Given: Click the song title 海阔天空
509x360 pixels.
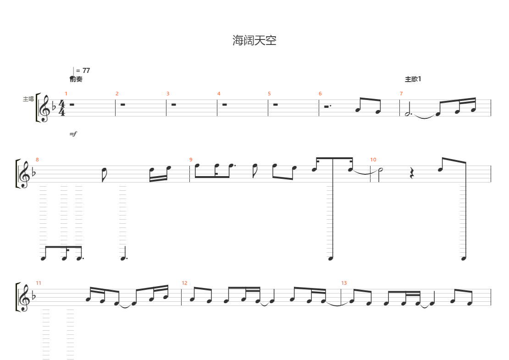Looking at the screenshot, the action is pyautogui.click(x=254, y=40).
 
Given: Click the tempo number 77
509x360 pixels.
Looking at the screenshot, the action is pyautogui.click(x=86, y=71).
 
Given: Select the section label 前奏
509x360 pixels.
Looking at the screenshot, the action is pyautogui.click(x=76, y=79).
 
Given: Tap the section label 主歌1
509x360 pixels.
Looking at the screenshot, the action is pyautogui.click(x=413, y=79).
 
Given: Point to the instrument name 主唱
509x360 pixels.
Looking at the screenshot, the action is pyautogui.click(x=28, y=99).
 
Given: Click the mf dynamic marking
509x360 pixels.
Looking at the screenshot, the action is pyautogui.click(x=73, y=133).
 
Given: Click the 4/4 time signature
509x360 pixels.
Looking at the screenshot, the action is pyautogui.click(x=62, y=108).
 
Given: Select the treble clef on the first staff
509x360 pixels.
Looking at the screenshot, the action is pyautogui.click(x=44, y=108).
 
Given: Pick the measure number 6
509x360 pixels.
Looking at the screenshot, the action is pyautogui.click(x=320, y=94).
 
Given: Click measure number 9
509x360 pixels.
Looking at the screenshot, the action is pyautogui.click(x=191, y=160).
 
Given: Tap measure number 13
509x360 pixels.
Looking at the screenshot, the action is pyautogui.click(x=344, y=283).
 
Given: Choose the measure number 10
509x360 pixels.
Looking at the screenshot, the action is pyautogui.click(x=373, y=160).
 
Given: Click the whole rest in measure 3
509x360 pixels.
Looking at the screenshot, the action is pyautogui.click(x=174, y=105).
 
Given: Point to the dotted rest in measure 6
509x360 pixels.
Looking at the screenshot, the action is pyautogui.click(x=327, y=106).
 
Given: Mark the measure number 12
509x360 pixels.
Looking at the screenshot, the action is pyautogui.click(x=184, y=283).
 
